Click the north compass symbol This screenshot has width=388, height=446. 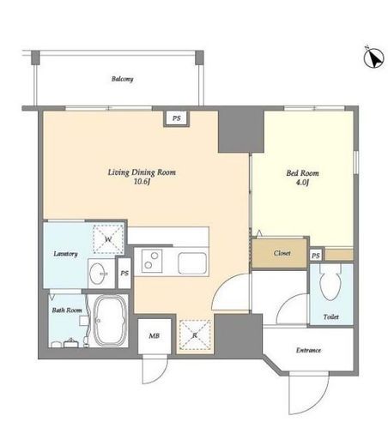click(373, 57)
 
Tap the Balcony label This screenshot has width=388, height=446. click(123, 79)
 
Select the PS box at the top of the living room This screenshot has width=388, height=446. click(177, 118)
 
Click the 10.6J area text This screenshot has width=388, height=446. click(142, 182)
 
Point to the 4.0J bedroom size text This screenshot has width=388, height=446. click(302, 183)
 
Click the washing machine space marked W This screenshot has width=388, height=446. click(108, 239)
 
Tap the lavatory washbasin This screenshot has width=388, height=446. click(99, 274)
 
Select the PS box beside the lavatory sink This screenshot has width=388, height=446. click(124, 274)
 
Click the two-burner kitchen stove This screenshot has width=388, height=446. click(152, 261)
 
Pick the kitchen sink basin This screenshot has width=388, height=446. click(192, 263)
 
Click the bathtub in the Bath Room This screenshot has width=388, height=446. click(111, 321)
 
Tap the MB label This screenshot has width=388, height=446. click(154, 336)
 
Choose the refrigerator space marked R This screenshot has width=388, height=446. click(195, 334)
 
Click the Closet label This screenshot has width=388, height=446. click(282, 253)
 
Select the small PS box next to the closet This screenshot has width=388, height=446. click(316, 256)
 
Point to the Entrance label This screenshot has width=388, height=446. click(308, 350)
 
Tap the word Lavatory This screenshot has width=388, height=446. click(65, 254)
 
